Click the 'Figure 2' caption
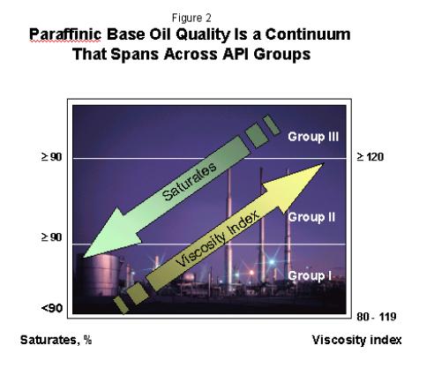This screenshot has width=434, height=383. [x=191, y=18]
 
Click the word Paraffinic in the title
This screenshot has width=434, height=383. [x=65, y=34]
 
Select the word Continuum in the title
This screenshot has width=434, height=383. [x=308, y=34]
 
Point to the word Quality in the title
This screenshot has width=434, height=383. [x=203, y=35]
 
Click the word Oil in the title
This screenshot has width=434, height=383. [x=161, y=34]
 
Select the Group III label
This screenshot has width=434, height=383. [x=313, y=137]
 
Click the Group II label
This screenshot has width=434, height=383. [x=311, y=217]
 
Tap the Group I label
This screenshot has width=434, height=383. [x=310, y=275]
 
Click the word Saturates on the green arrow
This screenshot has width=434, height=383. [x=190, y=181]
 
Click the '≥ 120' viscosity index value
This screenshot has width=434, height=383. [x=370, y=157]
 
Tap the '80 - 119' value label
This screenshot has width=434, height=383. [x=377, y=317]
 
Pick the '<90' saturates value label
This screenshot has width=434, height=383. [x=52, y=308]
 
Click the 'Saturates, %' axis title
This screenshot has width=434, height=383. [x=56, y=340]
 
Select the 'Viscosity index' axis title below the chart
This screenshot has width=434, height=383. [x=356, y=340]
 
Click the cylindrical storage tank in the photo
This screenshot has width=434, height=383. [x=97, y=275]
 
